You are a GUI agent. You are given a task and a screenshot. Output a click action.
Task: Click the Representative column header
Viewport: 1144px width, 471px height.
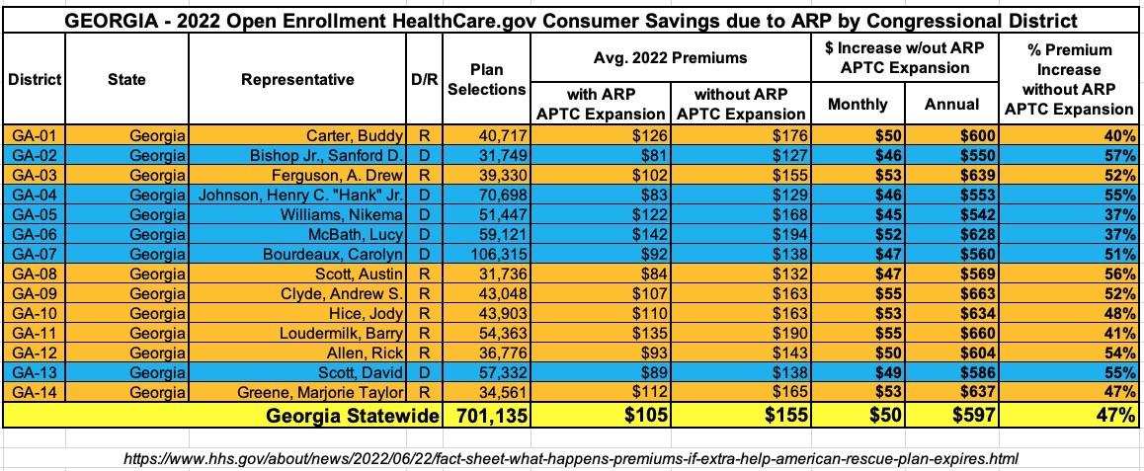point(297,80)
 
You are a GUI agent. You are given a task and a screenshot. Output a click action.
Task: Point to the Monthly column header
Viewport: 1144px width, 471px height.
point(858,105)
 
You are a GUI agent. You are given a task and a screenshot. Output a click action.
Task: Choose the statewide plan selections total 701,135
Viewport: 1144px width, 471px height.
point(486,415)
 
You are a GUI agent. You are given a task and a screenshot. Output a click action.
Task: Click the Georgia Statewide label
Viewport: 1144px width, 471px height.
point(353,416)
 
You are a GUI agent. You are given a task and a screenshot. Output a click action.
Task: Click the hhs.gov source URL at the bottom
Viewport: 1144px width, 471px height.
point(571,458)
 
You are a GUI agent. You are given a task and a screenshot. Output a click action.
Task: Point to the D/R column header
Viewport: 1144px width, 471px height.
point(424,80)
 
